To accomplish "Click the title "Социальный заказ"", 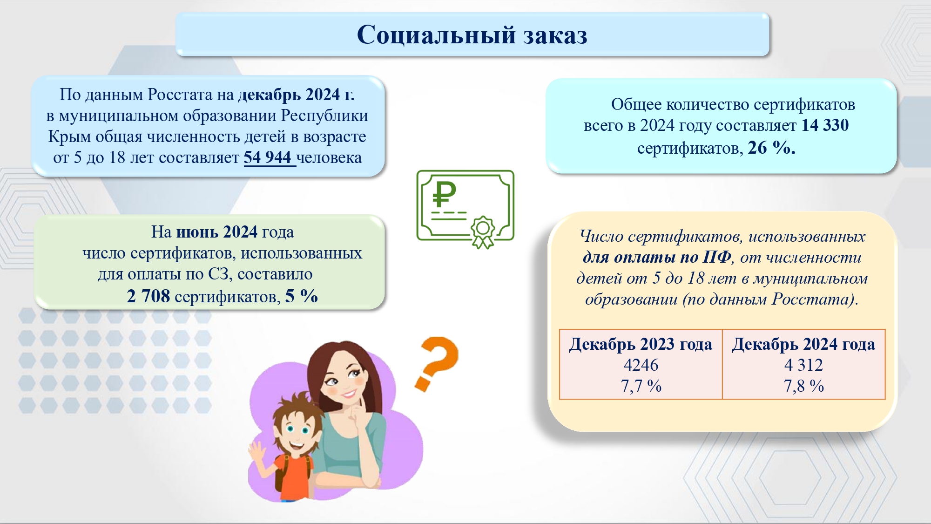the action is click(472, 35).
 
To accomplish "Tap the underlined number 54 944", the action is click(268, 157).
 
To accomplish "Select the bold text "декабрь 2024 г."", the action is click(297, 95).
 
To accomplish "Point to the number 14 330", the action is click(825, 125).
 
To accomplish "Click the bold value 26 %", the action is click(771, 148).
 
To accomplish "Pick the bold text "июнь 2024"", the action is click(217, 231).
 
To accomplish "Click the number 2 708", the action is click(148, 296).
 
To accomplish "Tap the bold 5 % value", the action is click(302, 296).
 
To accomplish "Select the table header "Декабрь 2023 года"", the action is click(641, 344).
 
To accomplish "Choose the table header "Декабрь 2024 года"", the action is click(803, 344).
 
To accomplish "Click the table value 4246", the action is click(641, 365).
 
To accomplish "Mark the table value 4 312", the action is click(803, 365).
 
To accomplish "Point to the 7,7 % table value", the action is click(641, 386).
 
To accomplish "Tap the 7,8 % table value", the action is click(803, 386).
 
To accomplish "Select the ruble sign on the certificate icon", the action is click(444, 194).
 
